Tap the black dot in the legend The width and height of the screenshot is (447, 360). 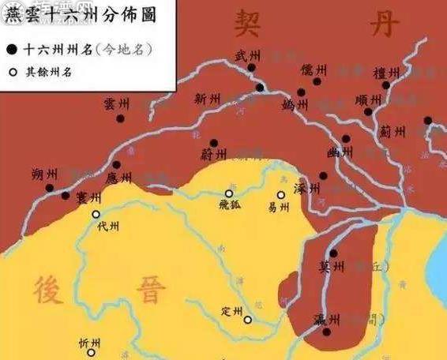[11, 49]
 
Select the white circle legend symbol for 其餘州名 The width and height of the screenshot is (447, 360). [11, 73]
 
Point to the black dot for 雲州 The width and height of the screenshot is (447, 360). [120, 118]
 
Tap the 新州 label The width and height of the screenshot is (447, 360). [207, 99]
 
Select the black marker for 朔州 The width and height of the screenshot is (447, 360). [49, 188]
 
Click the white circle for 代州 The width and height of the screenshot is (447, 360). [96, 214]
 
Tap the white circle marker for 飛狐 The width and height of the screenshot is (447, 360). [229, 193]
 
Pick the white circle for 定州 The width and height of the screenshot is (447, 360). [247, 320]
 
